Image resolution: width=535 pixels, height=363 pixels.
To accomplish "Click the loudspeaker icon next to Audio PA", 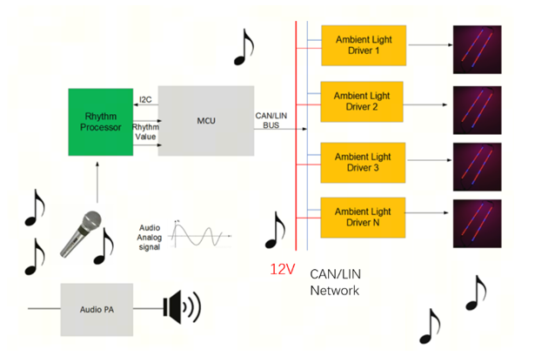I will [181, 308].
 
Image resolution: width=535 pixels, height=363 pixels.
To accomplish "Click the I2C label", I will [146, 99].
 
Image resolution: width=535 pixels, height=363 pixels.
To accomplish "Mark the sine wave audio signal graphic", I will [200, 234].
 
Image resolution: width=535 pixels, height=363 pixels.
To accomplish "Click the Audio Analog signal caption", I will [149, 236].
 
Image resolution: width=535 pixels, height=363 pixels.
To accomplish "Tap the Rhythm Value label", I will [145, 131].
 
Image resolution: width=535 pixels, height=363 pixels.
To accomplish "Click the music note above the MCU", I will [245, 49].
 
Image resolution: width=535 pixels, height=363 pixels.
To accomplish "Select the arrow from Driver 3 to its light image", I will [428, 160].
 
